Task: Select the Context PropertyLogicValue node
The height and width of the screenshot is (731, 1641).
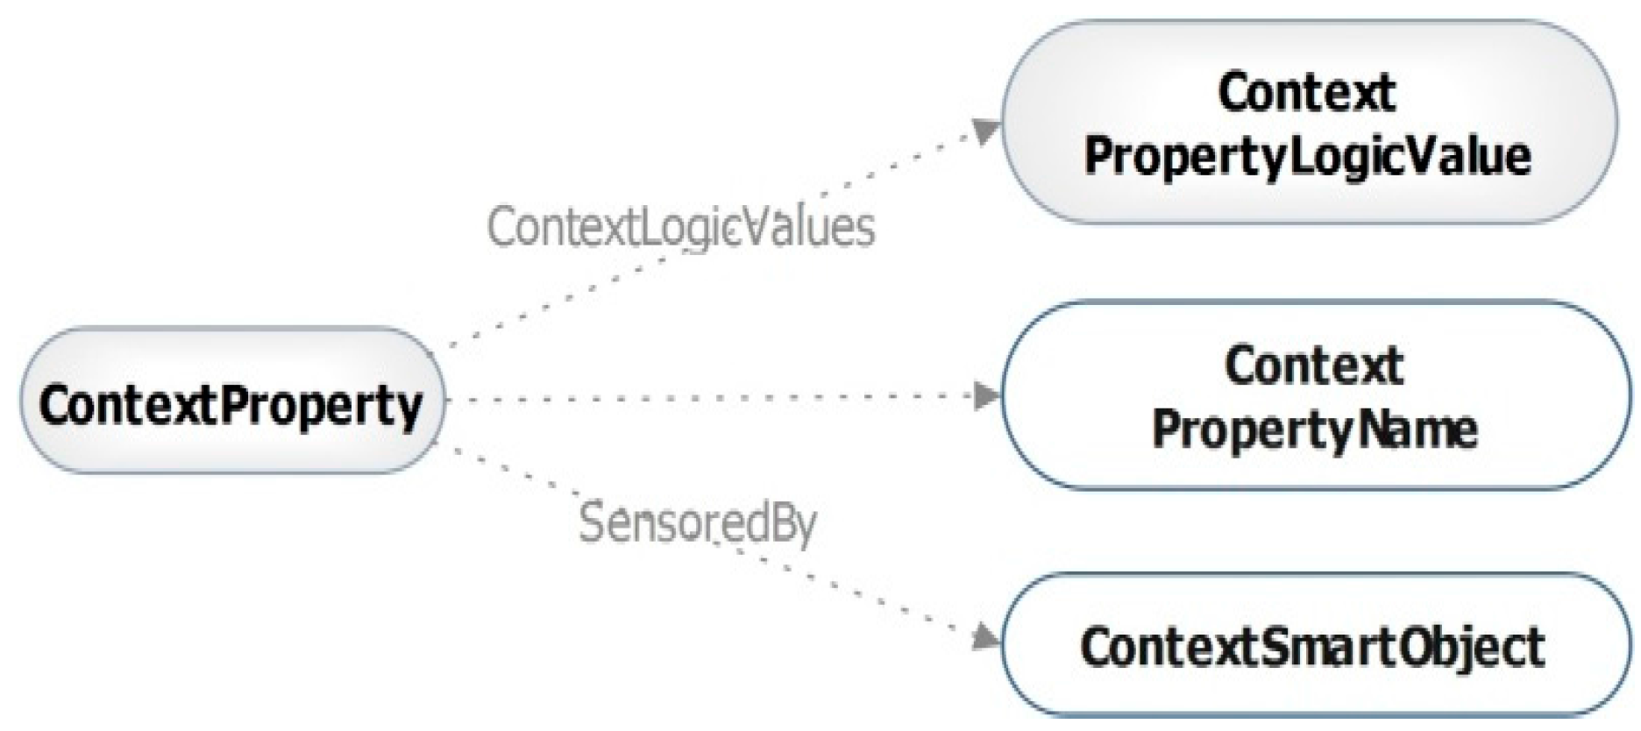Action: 1308,123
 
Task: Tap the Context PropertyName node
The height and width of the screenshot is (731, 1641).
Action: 1315,396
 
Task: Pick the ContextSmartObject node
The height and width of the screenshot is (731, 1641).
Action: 1313,647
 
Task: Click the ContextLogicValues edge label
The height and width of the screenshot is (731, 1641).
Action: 680,228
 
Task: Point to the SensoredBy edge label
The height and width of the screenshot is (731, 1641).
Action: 698,523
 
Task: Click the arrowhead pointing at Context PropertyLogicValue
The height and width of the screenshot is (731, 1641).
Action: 987,131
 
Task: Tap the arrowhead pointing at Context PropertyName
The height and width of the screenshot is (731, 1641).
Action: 987,396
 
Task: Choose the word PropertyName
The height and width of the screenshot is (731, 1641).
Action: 1315,429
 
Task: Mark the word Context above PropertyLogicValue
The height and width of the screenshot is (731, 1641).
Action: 1306,93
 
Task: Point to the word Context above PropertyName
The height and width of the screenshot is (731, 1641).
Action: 1314,365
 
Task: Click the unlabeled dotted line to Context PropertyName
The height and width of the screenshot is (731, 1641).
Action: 701,398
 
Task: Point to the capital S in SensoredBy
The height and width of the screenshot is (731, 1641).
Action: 593,522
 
